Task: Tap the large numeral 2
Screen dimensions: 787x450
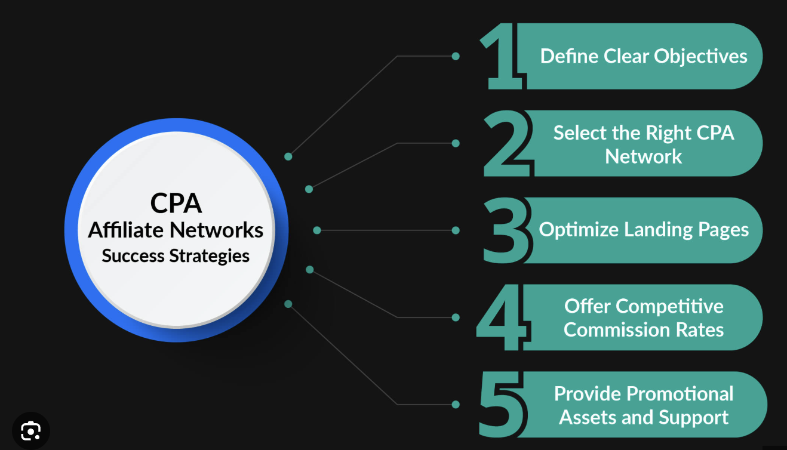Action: [x=506, y=143]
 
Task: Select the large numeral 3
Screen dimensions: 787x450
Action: [x=506, y=230]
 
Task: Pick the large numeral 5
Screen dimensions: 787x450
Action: [x=502, y=404]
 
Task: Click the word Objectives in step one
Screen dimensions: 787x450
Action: [x=700, y=57]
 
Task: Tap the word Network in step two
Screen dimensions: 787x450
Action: [x=643, y=156]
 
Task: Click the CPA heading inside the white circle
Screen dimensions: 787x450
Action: [x=176, y=203]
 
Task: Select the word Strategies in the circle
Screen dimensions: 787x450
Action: [x=210, y=256]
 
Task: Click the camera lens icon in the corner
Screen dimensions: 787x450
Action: [x=31, y=431]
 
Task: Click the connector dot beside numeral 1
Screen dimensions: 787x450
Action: [x=456, y=56]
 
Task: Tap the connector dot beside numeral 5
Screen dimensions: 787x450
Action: [x=456, y=405]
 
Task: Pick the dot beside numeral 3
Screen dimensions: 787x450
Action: [x=456, y=230]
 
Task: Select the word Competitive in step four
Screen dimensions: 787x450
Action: [x=669, y=307]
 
